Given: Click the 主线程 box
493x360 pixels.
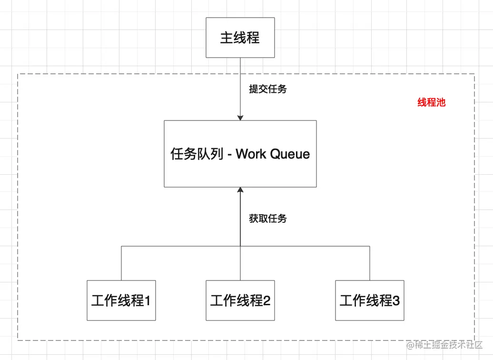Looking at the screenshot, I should click(240, 38).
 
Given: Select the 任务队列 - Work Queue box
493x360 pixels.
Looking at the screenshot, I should click(240, 153).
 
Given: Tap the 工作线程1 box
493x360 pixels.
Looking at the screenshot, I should click(121, 300).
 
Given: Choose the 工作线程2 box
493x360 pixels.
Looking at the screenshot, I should click(240, 300).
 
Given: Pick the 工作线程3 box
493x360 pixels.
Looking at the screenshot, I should click(369, 300).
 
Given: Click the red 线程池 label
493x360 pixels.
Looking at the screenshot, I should click(431, 102).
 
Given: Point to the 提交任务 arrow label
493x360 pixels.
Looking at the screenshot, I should click(268, 89).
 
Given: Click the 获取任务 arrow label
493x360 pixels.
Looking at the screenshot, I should click(268, 219).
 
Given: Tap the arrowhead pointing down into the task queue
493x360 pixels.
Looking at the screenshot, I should click(240, 117).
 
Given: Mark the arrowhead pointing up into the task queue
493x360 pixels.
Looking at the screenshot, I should click(240, 190).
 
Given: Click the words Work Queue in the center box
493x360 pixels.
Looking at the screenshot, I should click(273, 154).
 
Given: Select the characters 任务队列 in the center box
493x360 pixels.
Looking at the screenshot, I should click(197, 154).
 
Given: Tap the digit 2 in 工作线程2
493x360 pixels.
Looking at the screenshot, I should click(266, 300).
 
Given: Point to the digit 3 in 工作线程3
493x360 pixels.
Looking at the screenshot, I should click(396, 300).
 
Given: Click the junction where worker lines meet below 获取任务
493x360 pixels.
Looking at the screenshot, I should click(240, 246).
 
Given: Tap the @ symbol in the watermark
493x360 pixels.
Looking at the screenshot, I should click(410, 345).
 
